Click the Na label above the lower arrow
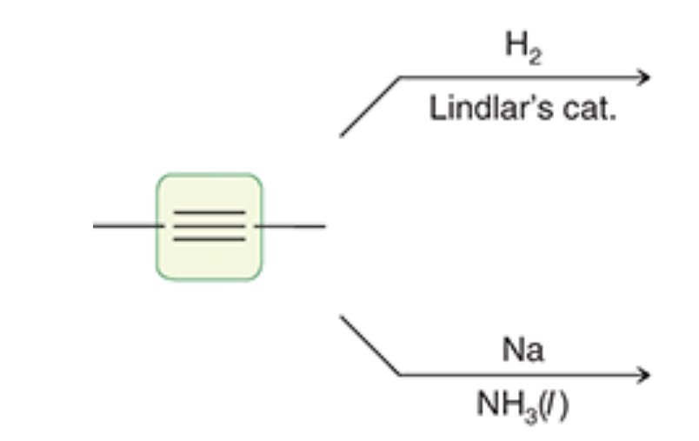point(523,350)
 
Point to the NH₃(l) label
point(522,405)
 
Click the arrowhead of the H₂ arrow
point(643,77)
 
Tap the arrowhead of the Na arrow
point(643,375)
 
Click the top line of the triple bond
point(209,212)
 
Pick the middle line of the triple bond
point(209,225)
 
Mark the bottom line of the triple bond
point(209,238)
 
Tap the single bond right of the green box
point(291,226)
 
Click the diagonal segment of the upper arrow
point(369,106)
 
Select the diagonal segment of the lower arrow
point(369,345)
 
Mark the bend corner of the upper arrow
point(400,77)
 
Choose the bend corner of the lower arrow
point(400,375)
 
